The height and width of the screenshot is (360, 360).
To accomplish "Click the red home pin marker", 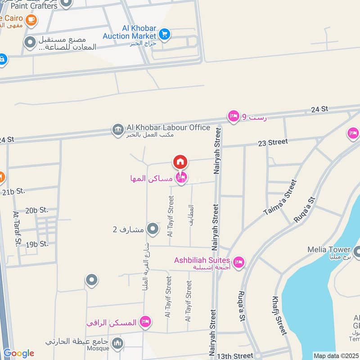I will (x=180, y=162).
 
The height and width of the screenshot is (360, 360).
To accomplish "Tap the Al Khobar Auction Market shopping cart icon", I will (x=164, y=33).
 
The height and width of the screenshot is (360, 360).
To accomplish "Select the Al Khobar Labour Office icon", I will (x=117, y=130).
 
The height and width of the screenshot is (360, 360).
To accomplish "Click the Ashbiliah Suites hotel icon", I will (x=238, y=261).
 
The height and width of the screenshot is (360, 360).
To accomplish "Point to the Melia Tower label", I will (x=328, y=250).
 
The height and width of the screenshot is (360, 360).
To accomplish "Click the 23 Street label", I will (x=273, y=142).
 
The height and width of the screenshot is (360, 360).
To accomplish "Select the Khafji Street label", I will (x=279, y=315).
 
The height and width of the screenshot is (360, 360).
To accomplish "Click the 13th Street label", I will (x=235, y=356).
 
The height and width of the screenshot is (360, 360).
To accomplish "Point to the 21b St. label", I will (x=13, y=191).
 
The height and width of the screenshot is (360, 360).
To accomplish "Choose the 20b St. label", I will (x=36, y=210).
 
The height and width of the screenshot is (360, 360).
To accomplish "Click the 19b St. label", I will (x=37, y=244).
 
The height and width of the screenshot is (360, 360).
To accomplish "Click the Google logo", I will (x=18, y=354).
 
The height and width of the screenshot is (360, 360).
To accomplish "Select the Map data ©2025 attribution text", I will (x=336, y=356).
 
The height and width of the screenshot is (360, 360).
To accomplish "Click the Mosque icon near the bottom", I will (x=117, y=343).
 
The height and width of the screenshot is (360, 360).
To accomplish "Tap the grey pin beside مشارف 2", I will (x=153, y=229).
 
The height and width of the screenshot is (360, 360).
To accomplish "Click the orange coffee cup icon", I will (x=31, y=20).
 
